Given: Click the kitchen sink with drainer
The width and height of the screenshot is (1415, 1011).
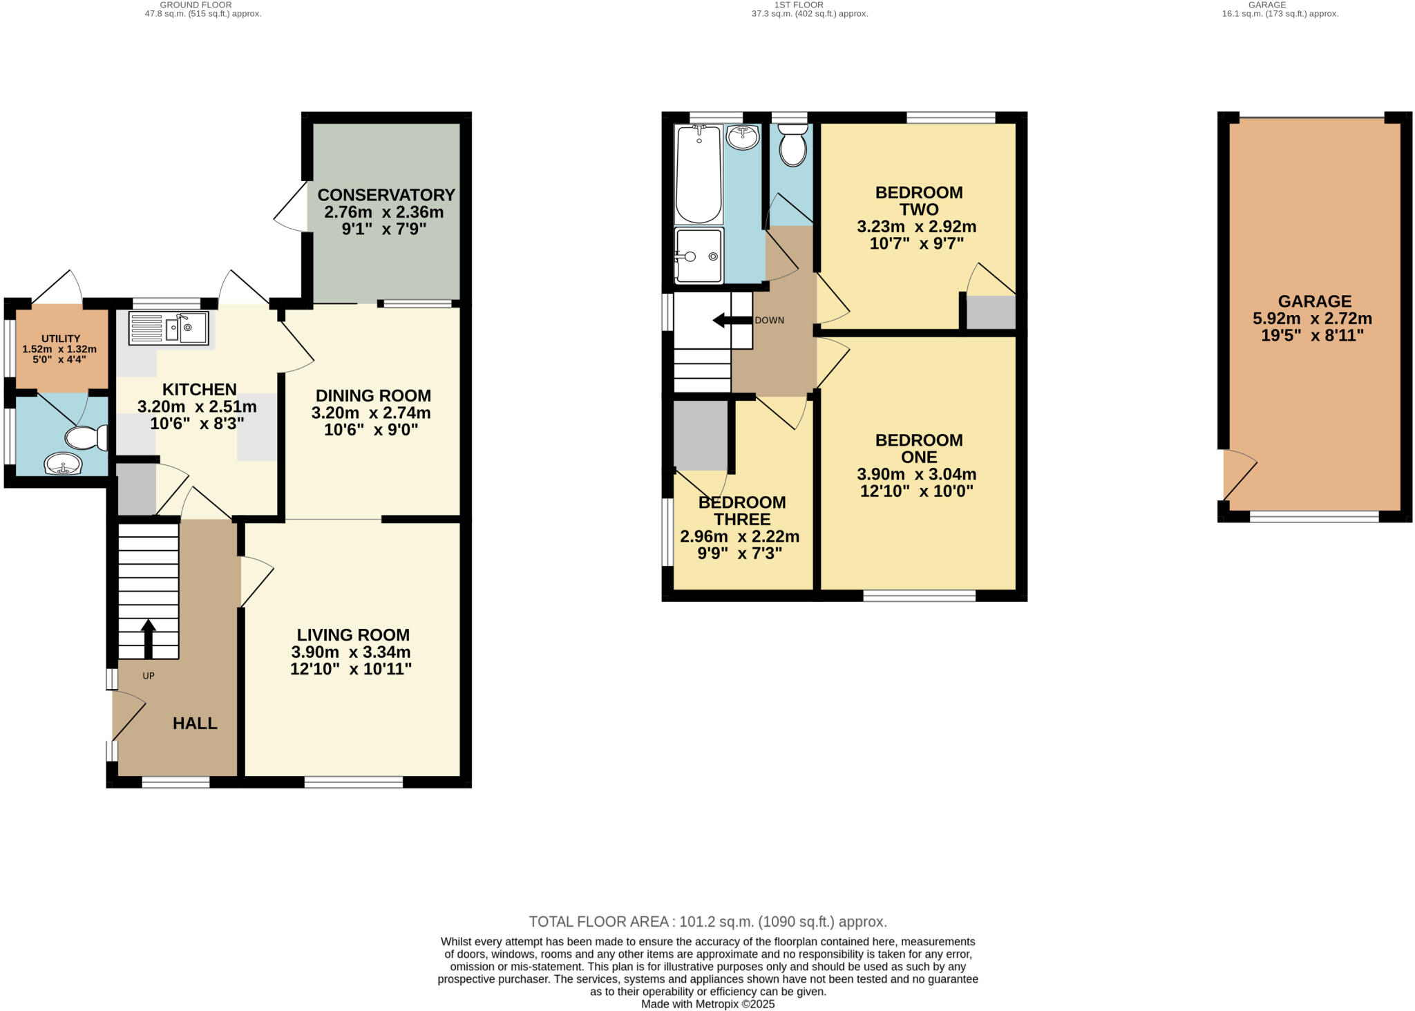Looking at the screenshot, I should (x=169, y=328).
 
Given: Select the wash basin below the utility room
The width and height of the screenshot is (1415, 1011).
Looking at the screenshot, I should (x=63, y=464).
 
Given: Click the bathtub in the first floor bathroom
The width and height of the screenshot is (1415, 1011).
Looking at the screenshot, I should (x=698, y=173).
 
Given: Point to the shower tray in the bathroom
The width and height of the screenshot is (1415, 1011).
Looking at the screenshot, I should (x=699, y=256).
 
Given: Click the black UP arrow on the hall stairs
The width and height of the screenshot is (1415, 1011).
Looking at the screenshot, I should (x=148, y=638).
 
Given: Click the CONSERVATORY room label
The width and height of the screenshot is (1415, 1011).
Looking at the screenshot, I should (x=386, y=195).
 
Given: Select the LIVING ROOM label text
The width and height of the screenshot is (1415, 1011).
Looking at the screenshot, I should (x=353, y=634).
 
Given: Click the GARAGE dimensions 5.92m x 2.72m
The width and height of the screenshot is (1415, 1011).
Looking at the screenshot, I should (x=1312, y=319).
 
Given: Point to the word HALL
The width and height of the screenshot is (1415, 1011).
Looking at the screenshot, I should (x=195, y=724).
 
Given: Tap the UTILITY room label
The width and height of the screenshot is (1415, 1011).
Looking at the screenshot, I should (x=61, y=339).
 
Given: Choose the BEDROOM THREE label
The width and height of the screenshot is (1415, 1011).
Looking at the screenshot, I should (x=741, y=511).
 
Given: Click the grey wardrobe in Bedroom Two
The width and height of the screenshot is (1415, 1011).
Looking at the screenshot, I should (x=990, y=312).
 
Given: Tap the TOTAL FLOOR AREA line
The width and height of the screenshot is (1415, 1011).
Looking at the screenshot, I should (x=707, y=921).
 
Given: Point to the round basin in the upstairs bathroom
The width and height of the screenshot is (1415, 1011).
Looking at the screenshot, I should (x=743, y=136).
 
